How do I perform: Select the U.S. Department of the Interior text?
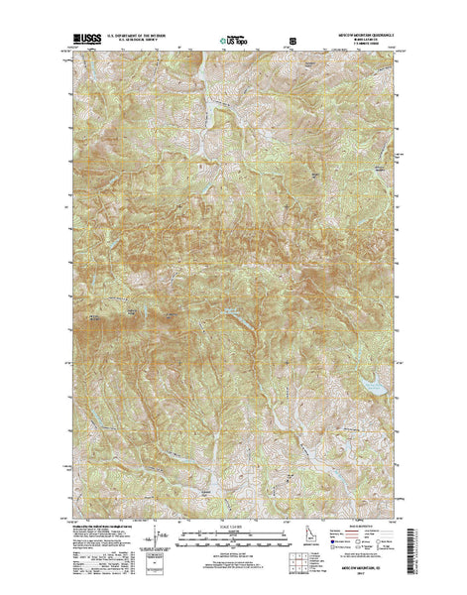pos(129,36)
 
